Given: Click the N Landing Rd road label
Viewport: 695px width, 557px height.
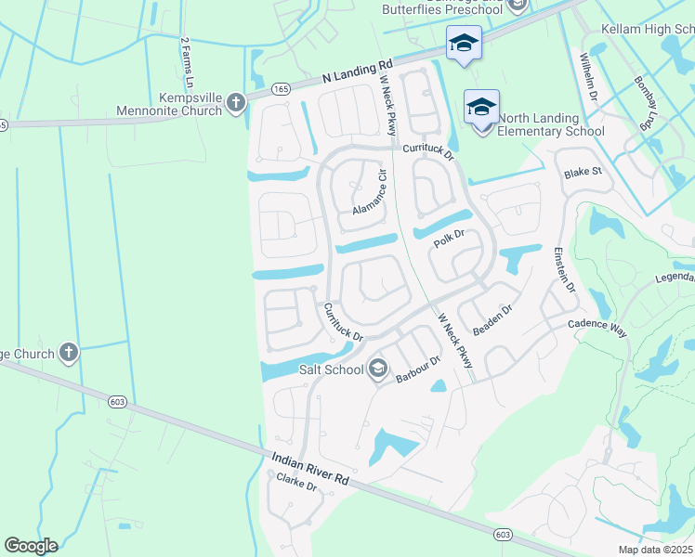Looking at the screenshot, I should point(358,73).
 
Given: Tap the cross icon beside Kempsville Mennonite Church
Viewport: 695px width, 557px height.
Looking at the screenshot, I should point(236,102).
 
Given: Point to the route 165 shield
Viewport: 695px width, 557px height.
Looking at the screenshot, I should point(282,89).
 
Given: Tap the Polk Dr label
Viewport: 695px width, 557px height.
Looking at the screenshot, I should point(448,238).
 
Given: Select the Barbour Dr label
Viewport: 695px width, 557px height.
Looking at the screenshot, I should point(416,369).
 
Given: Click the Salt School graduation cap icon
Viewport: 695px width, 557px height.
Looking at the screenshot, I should point(377,369).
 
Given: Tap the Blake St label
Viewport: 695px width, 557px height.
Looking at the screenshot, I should point(584,173).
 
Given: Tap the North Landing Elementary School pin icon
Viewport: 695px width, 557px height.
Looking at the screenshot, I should point(481,108).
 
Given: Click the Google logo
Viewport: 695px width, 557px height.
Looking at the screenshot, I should point(31,546).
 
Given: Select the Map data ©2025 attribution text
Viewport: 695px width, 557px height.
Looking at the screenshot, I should point(654,550).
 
